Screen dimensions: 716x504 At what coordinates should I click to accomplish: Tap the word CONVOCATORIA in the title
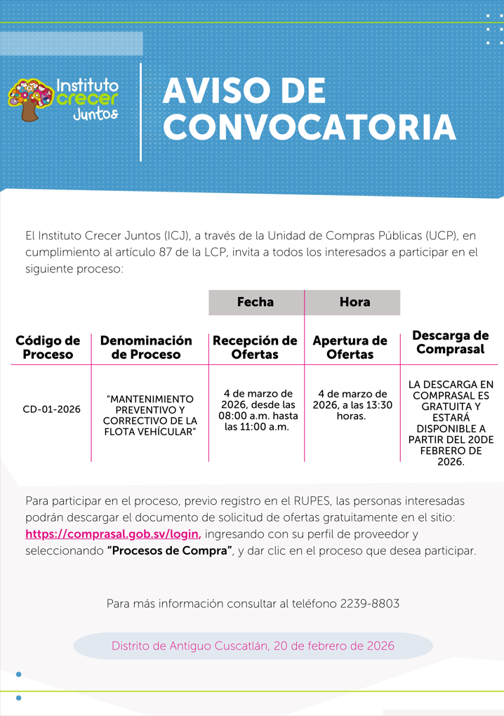(309, 128)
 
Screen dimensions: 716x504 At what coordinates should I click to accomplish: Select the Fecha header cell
(256, 303)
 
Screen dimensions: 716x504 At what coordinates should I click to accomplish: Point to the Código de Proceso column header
(48, 347)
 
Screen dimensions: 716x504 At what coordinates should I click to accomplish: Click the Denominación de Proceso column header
(146, 347)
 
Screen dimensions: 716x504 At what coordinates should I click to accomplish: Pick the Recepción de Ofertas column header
(255, 347)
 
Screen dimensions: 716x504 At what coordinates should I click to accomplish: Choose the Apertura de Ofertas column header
(350, 347)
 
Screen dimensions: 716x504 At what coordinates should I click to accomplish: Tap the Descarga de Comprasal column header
(450, 342)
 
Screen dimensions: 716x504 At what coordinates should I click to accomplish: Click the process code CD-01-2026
(51, 409)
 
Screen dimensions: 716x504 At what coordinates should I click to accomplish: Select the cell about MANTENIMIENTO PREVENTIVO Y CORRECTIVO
(149, 414)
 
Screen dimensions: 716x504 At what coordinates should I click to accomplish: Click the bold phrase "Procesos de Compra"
(169, 550)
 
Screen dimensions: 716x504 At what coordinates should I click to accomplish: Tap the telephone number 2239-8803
(369, 604)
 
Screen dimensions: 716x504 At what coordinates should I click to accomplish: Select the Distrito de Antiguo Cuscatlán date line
(253, 646)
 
